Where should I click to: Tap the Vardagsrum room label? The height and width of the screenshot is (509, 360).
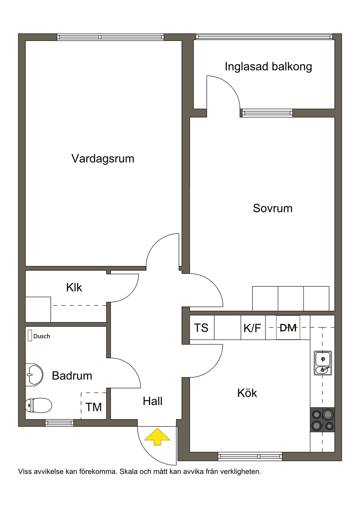point(103,158)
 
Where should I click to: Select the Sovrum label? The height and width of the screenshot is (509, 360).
point(273,208)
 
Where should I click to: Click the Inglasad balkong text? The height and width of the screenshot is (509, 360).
point(268,67)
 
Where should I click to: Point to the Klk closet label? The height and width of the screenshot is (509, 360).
point(74,287)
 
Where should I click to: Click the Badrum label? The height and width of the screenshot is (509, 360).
point(72,376)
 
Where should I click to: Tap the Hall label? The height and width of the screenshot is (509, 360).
point(153,401)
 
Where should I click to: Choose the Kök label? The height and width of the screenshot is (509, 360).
point(247,393)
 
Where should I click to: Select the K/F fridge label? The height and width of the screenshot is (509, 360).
point(252,328)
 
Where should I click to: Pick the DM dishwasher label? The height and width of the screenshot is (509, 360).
point(288,328)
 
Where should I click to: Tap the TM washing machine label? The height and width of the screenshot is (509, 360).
point(94,407)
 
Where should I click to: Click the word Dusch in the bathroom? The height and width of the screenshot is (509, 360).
point(41,336)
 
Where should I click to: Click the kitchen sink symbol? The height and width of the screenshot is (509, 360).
point(323,363)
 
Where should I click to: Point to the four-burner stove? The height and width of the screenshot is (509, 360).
point(322,420)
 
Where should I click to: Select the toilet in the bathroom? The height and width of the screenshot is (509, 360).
point(38,405)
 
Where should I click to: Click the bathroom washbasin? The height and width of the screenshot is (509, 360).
point(34,375)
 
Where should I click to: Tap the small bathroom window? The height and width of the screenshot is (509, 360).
point(59,423)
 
